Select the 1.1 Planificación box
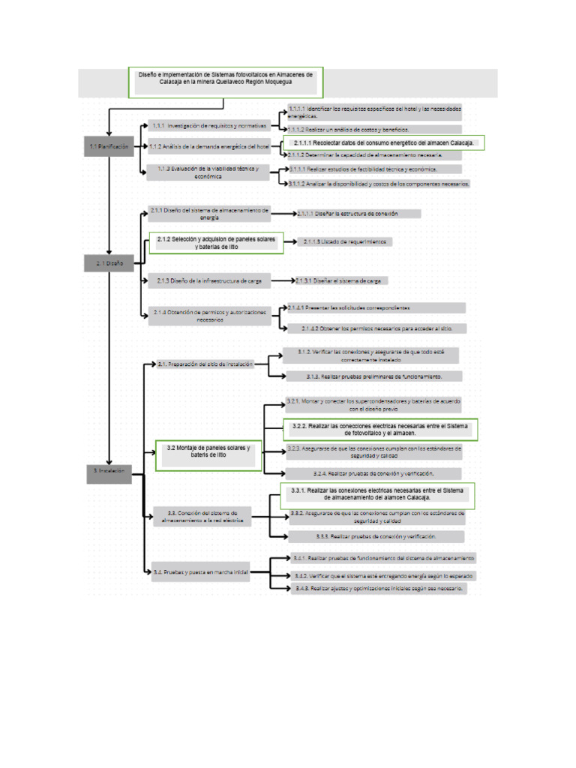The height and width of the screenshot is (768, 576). coord(109,147)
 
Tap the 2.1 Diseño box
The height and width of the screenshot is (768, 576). coord(109,263)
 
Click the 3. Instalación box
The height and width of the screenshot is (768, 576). coord(109,471)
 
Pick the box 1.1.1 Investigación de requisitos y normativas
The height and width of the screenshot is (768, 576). coord(208,125)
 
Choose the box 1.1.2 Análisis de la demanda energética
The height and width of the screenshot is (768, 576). coord(208,147)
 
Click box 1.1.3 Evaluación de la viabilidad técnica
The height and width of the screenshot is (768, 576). coord(208,172)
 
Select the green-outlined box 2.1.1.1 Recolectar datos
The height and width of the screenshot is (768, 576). coord(382,142)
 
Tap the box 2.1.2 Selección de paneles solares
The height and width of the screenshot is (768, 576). coord(216,242)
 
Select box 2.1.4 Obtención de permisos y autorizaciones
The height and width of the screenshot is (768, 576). coord(210,316)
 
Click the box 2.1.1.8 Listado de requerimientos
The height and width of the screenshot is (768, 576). coord(346,241)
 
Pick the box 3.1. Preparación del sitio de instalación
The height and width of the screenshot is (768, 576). coord(205,364)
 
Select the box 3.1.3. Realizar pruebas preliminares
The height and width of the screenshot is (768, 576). coord(373,376)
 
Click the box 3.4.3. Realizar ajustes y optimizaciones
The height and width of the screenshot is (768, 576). coord(379,589)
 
